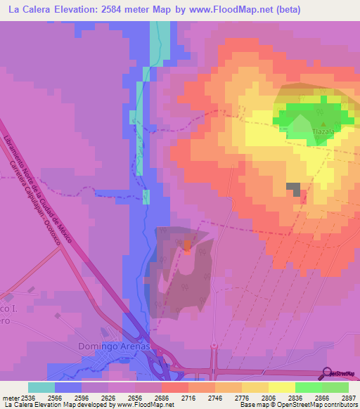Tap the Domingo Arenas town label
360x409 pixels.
pos(104,346)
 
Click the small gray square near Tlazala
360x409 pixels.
pos(293,189)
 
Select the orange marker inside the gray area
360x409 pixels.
pos(187,245)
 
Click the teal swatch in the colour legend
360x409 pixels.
pos(41,387)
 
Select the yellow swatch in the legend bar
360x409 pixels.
pos(282,387)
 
